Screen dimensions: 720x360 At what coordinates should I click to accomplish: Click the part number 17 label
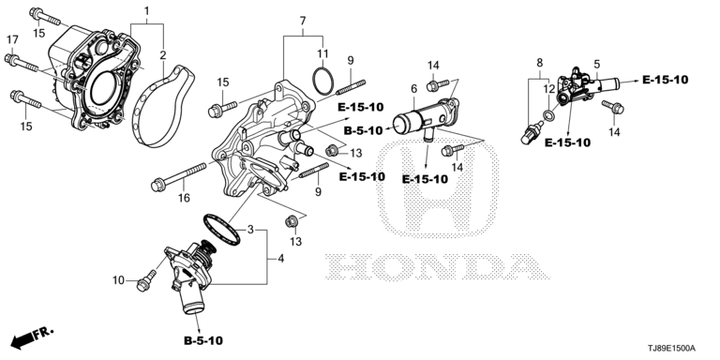click(x=12, y=39)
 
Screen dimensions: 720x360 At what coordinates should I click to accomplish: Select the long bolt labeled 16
click(x=178, y=175)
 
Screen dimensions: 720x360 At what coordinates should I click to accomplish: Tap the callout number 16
click(x=184, y=198)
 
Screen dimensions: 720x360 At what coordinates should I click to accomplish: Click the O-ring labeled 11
click(x=322, y=80)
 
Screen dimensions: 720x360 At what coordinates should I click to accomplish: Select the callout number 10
click(x=118, y=279)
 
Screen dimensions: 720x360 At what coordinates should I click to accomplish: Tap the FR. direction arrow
click(x=31, y=337)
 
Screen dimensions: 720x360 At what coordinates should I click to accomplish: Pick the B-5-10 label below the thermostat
click(x=202, y=340)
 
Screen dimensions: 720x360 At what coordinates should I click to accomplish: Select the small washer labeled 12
click(x=547, y=114)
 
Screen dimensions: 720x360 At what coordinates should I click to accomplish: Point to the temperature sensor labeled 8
click(x=532, y=132)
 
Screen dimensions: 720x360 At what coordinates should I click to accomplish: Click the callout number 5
click(x=597, y=64)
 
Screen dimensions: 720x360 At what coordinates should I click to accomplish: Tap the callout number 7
click(x=303, y=21)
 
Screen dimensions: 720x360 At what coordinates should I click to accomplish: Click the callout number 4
click(x=280, y=259)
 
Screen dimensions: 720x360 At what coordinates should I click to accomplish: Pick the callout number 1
click(x=147, y=10)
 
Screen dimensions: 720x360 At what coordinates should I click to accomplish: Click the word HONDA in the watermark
click(x=437, y=266)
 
